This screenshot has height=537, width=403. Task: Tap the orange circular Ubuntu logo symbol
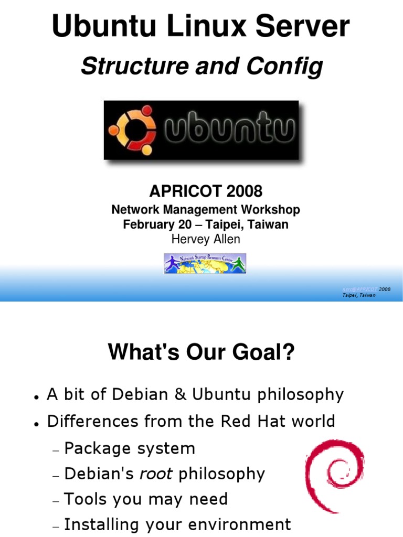pyautogui.click(x=132, y=130)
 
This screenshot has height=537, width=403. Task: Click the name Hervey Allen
pyautogui.click(x=206, y=239)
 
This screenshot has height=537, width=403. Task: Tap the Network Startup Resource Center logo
pyautogui.click(x=205, y=263)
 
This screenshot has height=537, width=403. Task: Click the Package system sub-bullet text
pyautogui.click(x=130, y=448)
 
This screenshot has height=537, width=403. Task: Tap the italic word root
pyautogui.click(x=156, y=474)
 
